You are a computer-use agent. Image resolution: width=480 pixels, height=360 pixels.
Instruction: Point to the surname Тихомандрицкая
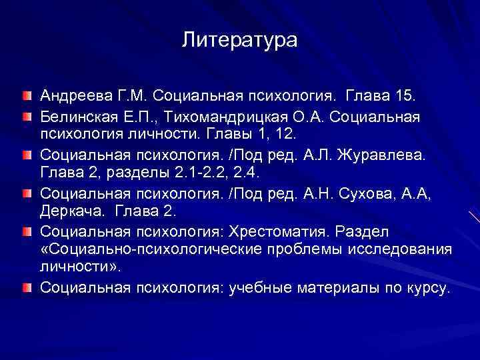(227, 117)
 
